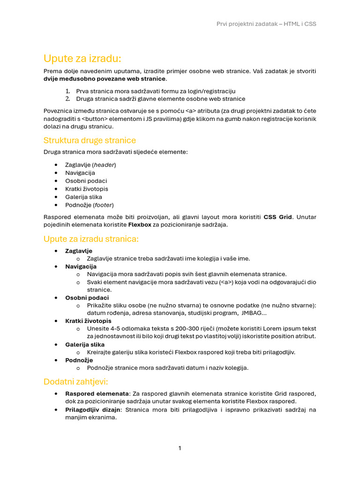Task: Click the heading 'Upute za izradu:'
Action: click(x=82, y=59)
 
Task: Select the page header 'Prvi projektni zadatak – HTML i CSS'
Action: click(x=266, y=24)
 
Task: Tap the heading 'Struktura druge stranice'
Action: click(x=90, y=140)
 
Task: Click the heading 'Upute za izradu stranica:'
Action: click(x=91, y=239)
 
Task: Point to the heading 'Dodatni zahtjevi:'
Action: click(x=75, y=382)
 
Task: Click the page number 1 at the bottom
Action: click(x=180, y=448)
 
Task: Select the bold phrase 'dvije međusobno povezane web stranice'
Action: click(x=105, y=79)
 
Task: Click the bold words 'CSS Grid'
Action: click(x=277, y=217)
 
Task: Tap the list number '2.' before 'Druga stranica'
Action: click(x=67, y=99)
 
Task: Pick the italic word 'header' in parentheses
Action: click(x=105, y=165)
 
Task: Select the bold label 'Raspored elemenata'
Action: click(x=97, y=394)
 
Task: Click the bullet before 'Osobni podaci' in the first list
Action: click(x=56, y=181)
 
